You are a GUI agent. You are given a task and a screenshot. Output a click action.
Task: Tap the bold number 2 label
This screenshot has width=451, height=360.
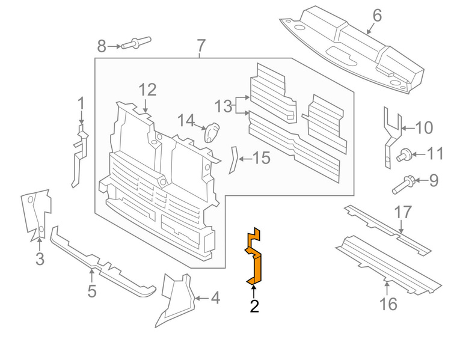(x=254, y=307)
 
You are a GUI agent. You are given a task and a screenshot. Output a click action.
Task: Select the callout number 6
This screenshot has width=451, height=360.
(x=376, y=15)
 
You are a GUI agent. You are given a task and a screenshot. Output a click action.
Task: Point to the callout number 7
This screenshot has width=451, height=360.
(x=201, y=45)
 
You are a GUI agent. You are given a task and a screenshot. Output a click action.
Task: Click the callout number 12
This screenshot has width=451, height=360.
(x=147, y=90)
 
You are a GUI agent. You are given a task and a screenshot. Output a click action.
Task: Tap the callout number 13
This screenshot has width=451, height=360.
(x=223, y=106)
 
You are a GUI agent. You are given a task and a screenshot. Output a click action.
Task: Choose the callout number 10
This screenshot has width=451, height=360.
(x=424, y=127)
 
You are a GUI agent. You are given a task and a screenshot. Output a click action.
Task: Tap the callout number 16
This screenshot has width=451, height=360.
(x=389, y=304)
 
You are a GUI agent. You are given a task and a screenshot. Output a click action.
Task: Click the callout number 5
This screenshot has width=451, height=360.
(x=91, y=291)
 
